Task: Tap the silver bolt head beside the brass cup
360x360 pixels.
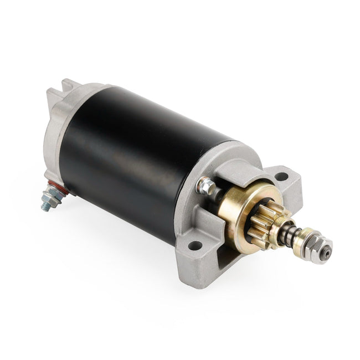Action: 207,186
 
